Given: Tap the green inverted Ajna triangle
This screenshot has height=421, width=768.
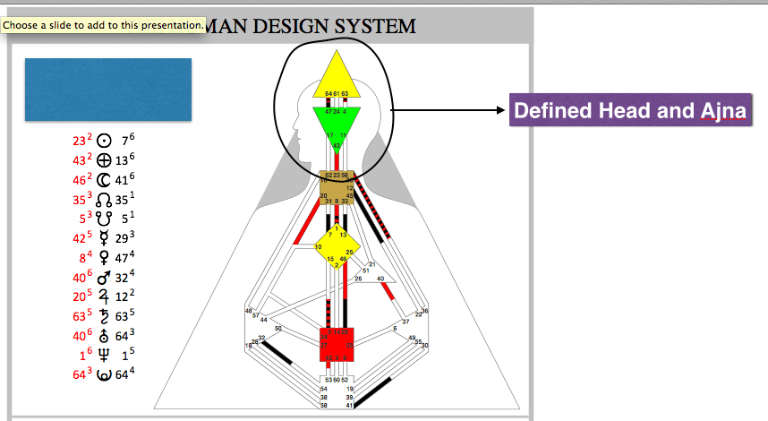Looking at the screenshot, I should (337, 122).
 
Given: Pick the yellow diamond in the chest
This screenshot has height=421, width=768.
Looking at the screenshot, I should (336, 247).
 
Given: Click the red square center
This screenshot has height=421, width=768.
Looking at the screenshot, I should (337, 343).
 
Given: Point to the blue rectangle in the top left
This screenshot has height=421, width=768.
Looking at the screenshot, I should (108, 89).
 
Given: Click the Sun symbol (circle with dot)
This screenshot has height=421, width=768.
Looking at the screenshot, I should (104, 141).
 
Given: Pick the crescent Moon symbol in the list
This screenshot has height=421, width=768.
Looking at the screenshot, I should (104, 180).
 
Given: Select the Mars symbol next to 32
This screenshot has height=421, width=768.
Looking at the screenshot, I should (104, 278).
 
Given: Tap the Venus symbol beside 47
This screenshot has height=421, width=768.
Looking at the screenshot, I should (104, 258).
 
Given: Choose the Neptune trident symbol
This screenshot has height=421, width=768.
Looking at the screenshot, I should (104, 356).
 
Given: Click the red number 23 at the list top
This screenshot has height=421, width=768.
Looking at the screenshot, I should (79, 141).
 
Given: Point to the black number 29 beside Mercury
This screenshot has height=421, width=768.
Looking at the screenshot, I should (124, 239).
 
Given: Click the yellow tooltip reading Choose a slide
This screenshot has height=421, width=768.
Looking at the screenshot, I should (104, 25).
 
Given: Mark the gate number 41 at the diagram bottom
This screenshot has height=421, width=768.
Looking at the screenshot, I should (350, 406).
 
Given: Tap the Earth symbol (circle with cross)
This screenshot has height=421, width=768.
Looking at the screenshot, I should (104, 160).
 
